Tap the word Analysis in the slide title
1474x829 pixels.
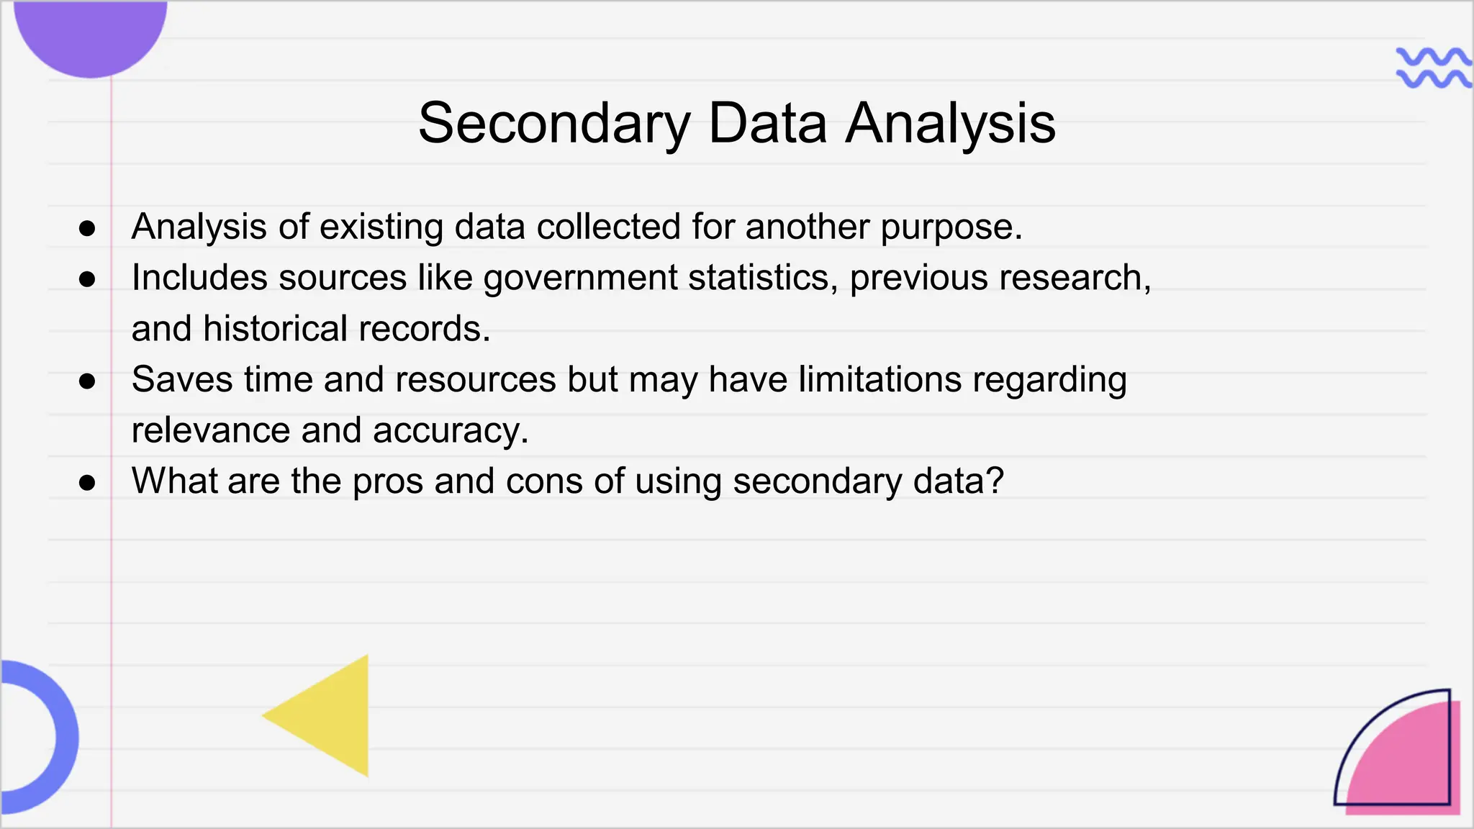pos(950,124)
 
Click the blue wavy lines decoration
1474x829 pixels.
pos(1432,68)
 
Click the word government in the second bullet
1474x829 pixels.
pos(580,278)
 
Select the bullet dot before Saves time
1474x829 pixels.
pos(87,381)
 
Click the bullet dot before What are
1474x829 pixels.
pos(87,482)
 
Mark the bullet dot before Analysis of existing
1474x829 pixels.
pos(87,228)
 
